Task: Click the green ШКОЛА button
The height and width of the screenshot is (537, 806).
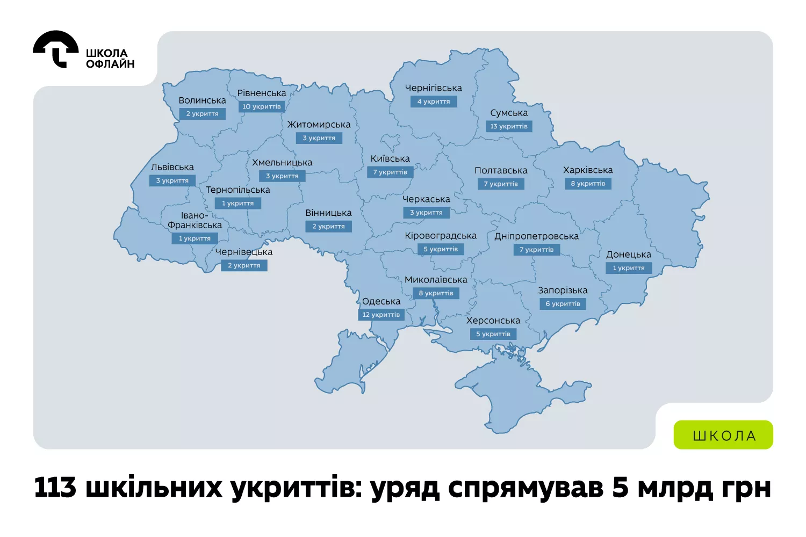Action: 723,435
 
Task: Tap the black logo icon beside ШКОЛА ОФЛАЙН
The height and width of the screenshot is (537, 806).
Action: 56,49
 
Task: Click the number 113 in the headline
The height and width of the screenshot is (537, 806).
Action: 55,488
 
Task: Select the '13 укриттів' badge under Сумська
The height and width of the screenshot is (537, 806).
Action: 509,126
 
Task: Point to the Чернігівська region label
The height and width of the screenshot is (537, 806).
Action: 433,88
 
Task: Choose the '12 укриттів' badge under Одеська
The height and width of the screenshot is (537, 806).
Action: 381,315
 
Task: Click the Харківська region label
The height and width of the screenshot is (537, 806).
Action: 587,170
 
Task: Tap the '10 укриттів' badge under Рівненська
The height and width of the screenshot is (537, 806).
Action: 261,106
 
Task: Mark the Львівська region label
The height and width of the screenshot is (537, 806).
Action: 172,168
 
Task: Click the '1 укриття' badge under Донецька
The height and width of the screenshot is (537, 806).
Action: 629,268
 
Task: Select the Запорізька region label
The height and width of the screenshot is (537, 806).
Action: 563,291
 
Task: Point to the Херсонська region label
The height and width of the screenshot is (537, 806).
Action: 493,321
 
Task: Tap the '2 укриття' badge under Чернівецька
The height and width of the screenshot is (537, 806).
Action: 244,265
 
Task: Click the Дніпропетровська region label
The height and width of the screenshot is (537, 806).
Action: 536,236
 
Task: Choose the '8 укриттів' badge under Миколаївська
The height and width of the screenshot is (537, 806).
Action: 436,293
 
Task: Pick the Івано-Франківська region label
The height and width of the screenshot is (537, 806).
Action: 195,220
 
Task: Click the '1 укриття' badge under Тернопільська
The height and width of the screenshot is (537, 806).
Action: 238,204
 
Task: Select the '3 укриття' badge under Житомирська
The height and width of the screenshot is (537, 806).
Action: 319,138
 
